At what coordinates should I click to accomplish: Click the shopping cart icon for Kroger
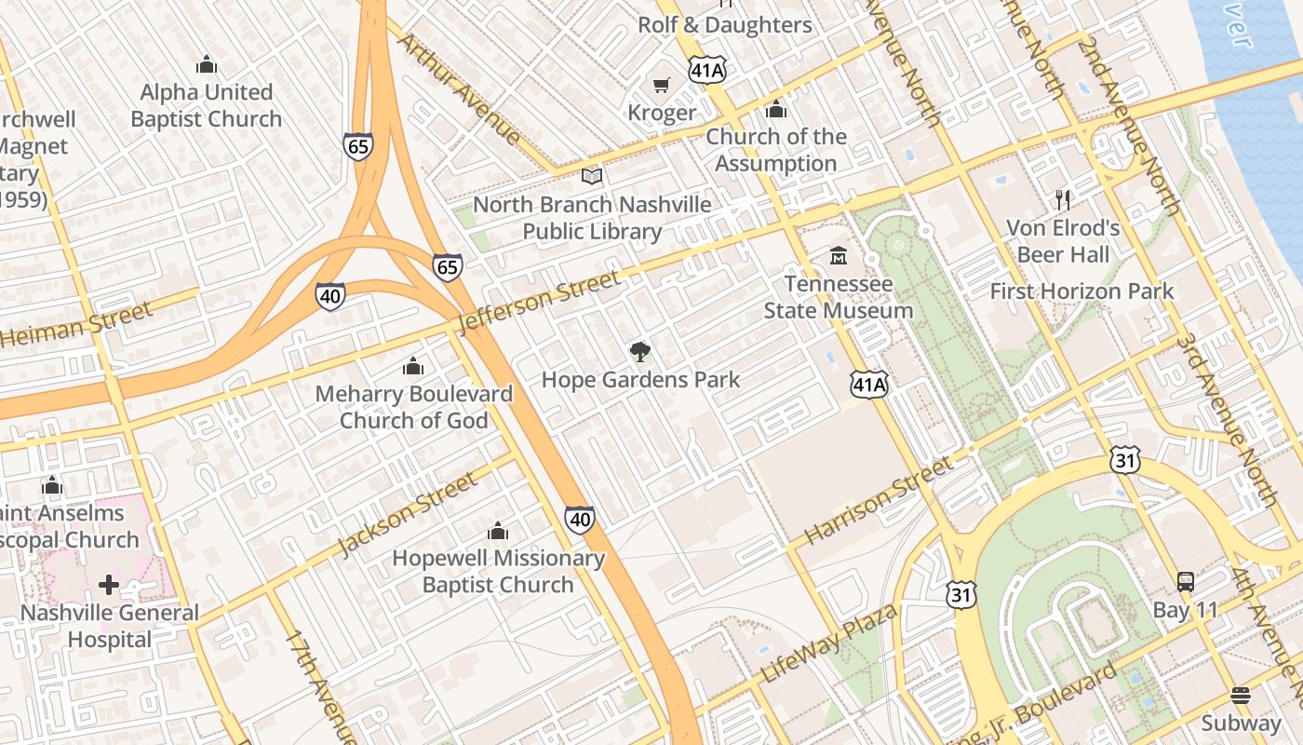coord(661,86)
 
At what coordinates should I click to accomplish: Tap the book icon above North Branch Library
coord(592,176)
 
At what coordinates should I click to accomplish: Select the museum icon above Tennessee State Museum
coord(839,255)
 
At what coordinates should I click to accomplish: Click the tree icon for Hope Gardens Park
coord(639,352)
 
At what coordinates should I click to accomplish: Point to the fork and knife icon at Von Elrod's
coord(1063,199)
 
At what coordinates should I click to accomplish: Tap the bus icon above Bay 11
coord(1185,582)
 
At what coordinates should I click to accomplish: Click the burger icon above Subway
coord(1240,696)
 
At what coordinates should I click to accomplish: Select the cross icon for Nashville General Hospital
coord(109,585)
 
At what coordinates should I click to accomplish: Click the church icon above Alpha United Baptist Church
coord(206,64)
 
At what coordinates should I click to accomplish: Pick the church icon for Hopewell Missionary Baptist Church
coord(498,531)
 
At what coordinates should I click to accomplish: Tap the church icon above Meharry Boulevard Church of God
coord(413,366)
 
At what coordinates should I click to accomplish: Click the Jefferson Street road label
coord(539,302)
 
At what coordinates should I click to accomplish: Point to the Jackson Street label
coord(408,513)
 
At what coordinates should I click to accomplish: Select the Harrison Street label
coord(879,500)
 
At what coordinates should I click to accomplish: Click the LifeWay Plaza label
coord(829,643)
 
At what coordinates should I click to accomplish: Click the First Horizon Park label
coord(1081,291)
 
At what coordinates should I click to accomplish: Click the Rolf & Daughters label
coord(724,25)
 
